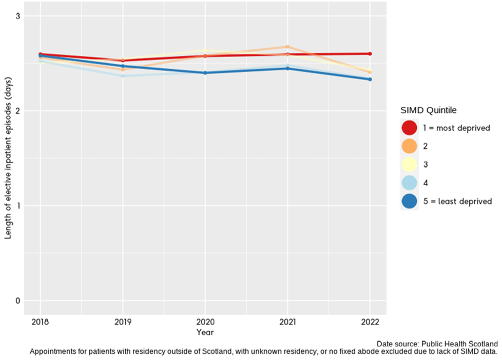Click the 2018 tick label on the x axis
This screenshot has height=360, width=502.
[40, 322]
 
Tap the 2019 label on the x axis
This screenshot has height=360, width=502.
[122, 322]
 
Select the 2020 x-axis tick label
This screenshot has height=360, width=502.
[205, 322]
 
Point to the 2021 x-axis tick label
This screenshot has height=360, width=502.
[287, 322]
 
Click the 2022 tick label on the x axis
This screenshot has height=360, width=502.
[370, 322]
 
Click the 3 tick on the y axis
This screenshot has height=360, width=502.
[17, 16]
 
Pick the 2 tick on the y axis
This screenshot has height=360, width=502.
[17, 111]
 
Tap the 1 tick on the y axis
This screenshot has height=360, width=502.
[17, 206]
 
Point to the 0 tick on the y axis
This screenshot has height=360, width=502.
[17, 301]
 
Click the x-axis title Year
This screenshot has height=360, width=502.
[205, 332]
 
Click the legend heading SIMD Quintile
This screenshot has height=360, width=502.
[429, 110]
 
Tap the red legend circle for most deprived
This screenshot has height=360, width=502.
[410, 128]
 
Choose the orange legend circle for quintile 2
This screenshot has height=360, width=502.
[410, 146]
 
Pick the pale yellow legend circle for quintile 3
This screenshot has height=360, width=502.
[410, 165]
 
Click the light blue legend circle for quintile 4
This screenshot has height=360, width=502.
[410, 183]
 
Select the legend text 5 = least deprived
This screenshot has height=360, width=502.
[457, 201]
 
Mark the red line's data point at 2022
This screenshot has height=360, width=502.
[370, 54]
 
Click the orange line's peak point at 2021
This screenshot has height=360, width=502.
[287, 47]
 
